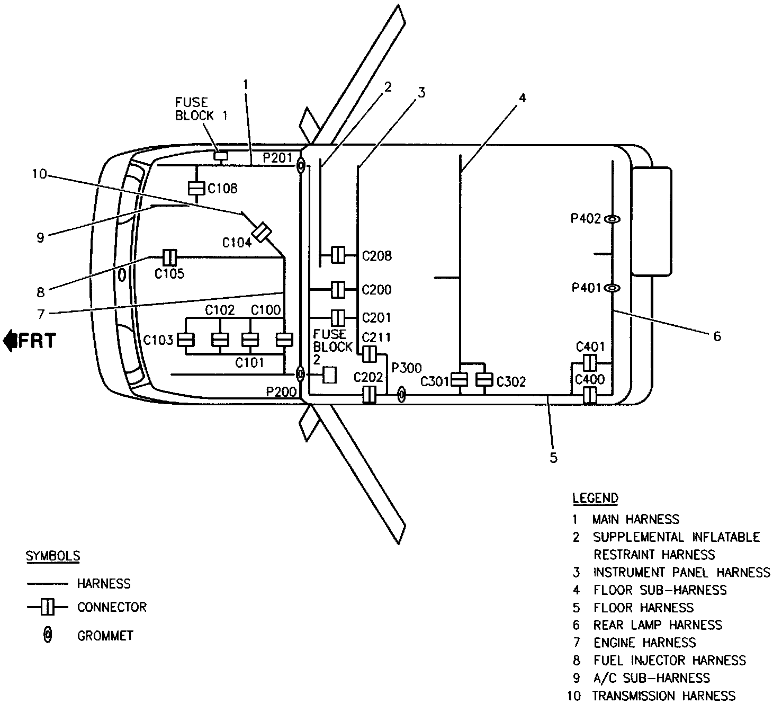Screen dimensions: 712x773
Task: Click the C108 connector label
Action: click(x=222, y=188)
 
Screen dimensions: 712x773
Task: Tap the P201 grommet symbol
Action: click(x=300, y=166)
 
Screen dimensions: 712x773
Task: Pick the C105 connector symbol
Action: click(x=169, y=257)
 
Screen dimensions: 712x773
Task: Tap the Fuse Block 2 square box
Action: click(x=330, y=375)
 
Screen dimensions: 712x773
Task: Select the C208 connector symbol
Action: click(x=338, y=255)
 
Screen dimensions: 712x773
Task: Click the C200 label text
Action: click(x=376, y=290)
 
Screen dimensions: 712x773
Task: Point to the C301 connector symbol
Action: click(x=460, y=380)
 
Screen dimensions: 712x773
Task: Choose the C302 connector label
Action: click(x=511, y=382)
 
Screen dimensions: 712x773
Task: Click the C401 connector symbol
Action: click(x=589, y=363)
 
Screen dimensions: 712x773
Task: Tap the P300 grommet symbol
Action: click(x=401, y=394)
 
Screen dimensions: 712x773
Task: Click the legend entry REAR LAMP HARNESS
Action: click(x=657, y=625)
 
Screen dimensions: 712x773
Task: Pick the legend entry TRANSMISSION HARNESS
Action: click(x=663, y=696)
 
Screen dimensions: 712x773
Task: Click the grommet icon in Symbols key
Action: click(x=48, y=635)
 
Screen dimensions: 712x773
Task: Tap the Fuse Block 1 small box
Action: click(x=220, y=155)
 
